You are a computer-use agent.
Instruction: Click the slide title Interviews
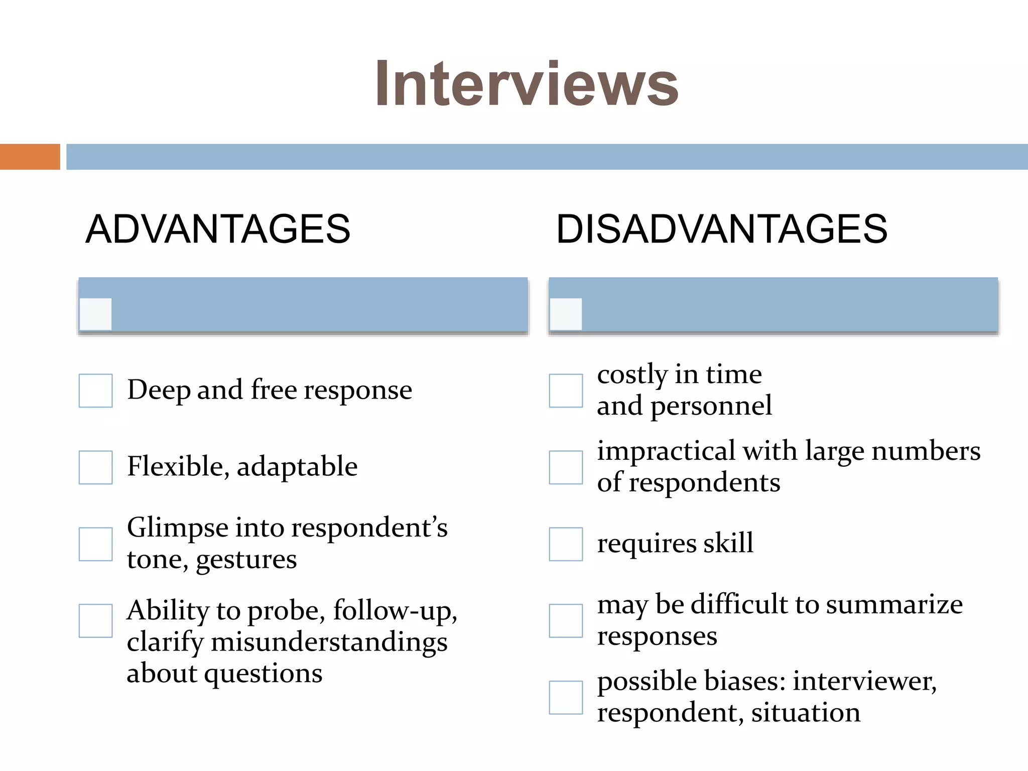pos(527,84)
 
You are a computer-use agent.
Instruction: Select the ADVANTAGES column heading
pos(218,229)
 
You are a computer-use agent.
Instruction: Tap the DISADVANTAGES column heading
pos(721,229)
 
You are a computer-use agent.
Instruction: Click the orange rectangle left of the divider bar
pos(30,157)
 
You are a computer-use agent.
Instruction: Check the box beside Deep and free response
pos(95,391)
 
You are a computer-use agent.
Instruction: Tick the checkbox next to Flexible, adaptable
pos(95,467)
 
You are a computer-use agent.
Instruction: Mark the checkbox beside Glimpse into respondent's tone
pos(95,544)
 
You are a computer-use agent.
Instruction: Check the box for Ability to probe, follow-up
pos(95,621)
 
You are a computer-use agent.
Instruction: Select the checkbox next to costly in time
pos(566,391)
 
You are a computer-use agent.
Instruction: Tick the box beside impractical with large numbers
pos(566,467)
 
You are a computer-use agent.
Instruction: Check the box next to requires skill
pos(566,544)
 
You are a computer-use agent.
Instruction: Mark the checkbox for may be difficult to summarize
pos(566,621)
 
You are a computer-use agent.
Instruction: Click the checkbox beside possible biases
pos(566,698)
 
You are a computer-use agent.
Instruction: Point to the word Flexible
pos(177,466)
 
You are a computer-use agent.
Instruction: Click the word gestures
pos(246,560)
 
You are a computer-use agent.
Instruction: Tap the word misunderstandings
pos(329,642)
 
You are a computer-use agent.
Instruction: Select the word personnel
pos(711,406)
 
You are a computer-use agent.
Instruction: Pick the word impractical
pos(666,451)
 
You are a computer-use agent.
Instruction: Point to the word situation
pos(806,713)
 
